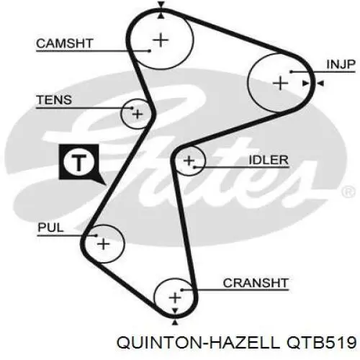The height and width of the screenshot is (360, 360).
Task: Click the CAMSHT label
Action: click(x=64, y=43)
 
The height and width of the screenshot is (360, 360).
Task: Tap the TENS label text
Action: click(x=54, y=100)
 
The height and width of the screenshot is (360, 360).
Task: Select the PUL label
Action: click(x=50, y=228)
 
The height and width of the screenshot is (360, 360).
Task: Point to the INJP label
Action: click(x=341, y=64)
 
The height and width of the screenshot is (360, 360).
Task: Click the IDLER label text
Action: click(x=269, y=160)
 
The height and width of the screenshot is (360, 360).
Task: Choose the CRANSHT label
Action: click(x=256, y=283)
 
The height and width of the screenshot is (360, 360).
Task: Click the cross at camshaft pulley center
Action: click(x=161, y=40)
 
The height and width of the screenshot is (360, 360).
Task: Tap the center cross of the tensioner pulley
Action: click(x=138, y=114)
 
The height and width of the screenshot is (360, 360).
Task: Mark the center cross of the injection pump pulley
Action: click(x=281, y=84)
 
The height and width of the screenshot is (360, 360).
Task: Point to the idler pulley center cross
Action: click(x=189, y=161)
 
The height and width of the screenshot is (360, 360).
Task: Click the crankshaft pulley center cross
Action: click(x=175, y=298)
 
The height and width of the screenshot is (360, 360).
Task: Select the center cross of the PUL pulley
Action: click(x=104, y=244)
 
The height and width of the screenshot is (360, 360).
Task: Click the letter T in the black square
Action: click(x=79, y=163)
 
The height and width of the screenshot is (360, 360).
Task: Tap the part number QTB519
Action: click(x=321, y=342)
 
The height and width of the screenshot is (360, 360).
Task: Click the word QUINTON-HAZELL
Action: click(x=198, y=343)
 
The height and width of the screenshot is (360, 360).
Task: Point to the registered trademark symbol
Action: click(x=348, y=192)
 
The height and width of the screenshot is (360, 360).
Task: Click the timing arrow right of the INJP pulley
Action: click(x=320, y=84)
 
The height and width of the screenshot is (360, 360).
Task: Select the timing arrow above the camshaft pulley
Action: click(x=161, y=4)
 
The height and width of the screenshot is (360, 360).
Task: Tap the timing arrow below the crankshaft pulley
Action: click(x=175, y=322)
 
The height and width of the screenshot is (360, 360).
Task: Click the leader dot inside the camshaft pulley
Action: click(x=150, y=50)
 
